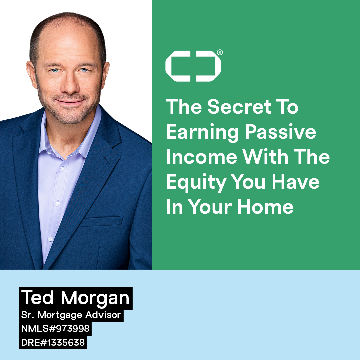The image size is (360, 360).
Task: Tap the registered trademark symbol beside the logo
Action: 220,52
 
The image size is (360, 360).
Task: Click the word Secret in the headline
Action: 239,107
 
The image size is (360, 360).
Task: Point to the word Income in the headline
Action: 202,157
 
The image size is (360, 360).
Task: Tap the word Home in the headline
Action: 265,207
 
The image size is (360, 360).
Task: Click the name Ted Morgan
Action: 75,298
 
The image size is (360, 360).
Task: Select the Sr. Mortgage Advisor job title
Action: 71,315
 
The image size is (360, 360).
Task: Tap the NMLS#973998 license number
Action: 55,329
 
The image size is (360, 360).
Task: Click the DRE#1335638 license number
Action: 53,342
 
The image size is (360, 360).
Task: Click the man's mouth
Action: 69,101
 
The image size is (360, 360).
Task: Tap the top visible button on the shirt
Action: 62,169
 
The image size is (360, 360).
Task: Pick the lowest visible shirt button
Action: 51,239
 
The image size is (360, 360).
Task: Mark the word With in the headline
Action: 265,157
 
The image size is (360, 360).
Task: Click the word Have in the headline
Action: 295,182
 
